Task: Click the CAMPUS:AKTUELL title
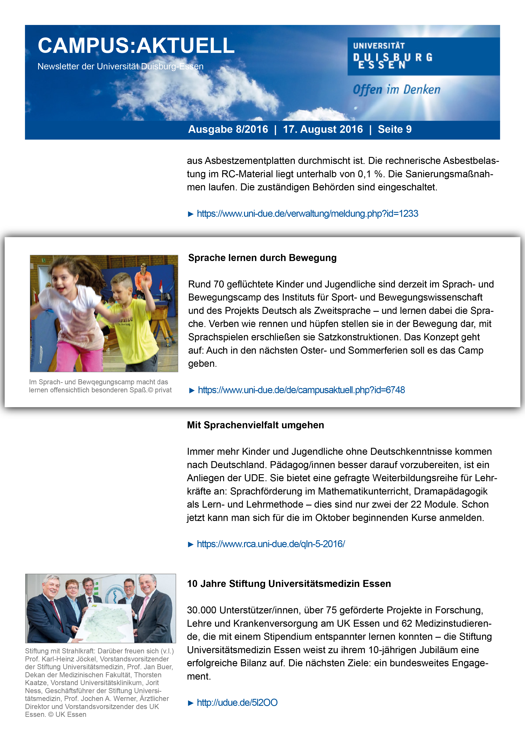point(136,45)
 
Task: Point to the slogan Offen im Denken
point(396,89)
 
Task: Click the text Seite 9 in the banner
point(394,129)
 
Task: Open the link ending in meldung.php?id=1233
point(307,214)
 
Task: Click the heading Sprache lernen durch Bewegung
point(262,258)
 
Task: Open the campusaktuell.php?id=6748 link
point(301,390)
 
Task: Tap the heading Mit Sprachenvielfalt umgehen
point(255,425)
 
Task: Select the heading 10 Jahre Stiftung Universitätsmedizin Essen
point(289,584)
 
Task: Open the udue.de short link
point(237,703)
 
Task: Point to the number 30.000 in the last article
point(202,610)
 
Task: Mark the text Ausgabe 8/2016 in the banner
point(228,129)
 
